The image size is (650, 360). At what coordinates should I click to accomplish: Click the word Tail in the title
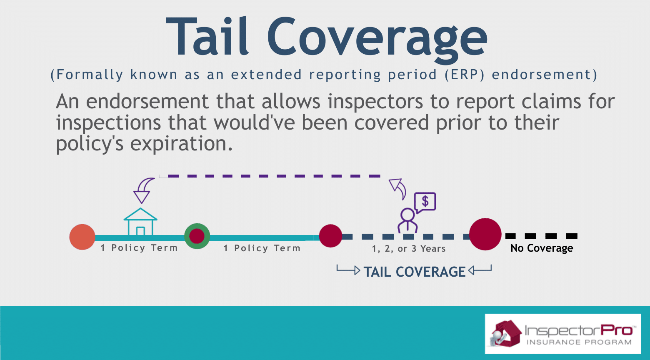[207, 36]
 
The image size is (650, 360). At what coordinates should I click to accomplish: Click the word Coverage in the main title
[377, 39]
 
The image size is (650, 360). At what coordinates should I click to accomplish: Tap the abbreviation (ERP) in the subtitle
[465, 75]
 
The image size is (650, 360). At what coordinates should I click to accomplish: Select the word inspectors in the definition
[375, 102]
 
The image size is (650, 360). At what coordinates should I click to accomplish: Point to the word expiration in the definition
[181, 144]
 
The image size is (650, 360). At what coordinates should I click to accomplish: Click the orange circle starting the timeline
[82, 237]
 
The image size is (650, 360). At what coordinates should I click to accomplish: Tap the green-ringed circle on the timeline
[197, 236]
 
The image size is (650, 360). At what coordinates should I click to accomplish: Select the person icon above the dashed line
[407, 220]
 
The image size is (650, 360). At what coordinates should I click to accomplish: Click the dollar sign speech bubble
[425, 202]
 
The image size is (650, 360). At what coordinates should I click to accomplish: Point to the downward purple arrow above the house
[143, 190]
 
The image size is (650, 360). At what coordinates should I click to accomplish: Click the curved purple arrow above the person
[398, 189]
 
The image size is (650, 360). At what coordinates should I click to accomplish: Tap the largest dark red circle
[485, 234]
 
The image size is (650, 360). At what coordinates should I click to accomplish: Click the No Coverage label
[542, 248]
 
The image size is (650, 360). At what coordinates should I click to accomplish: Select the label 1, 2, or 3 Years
[409, 249]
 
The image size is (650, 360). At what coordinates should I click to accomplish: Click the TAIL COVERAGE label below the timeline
[415, 272]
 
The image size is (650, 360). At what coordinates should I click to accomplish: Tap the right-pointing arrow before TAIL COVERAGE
[348, 270]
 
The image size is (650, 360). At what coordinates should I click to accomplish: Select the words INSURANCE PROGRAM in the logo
[579, 342]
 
